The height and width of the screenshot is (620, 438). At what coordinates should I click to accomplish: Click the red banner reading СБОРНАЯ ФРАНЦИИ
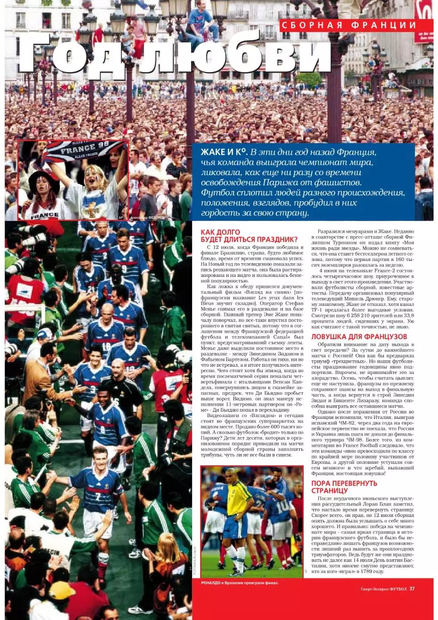click(x=349, y=25)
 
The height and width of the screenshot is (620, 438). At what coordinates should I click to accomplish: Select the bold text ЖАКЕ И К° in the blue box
click(x=223, y=153)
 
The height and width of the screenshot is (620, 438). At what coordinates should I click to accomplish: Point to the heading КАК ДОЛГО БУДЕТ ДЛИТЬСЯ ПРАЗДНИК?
click(x=249, y=236)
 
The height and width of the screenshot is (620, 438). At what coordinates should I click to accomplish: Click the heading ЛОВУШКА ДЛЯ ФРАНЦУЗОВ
click(x=359, y=337)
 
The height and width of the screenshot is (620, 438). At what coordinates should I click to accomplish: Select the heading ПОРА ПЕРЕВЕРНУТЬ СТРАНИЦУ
click(x=344, y=487)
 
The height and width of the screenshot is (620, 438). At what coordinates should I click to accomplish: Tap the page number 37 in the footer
click(x=412, y=589)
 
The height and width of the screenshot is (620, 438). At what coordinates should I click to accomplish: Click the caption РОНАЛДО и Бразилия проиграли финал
click(x=240, y=583)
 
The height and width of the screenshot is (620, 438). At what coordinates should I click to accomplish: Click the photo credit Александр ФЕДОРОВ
click(x=150, y=218)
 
